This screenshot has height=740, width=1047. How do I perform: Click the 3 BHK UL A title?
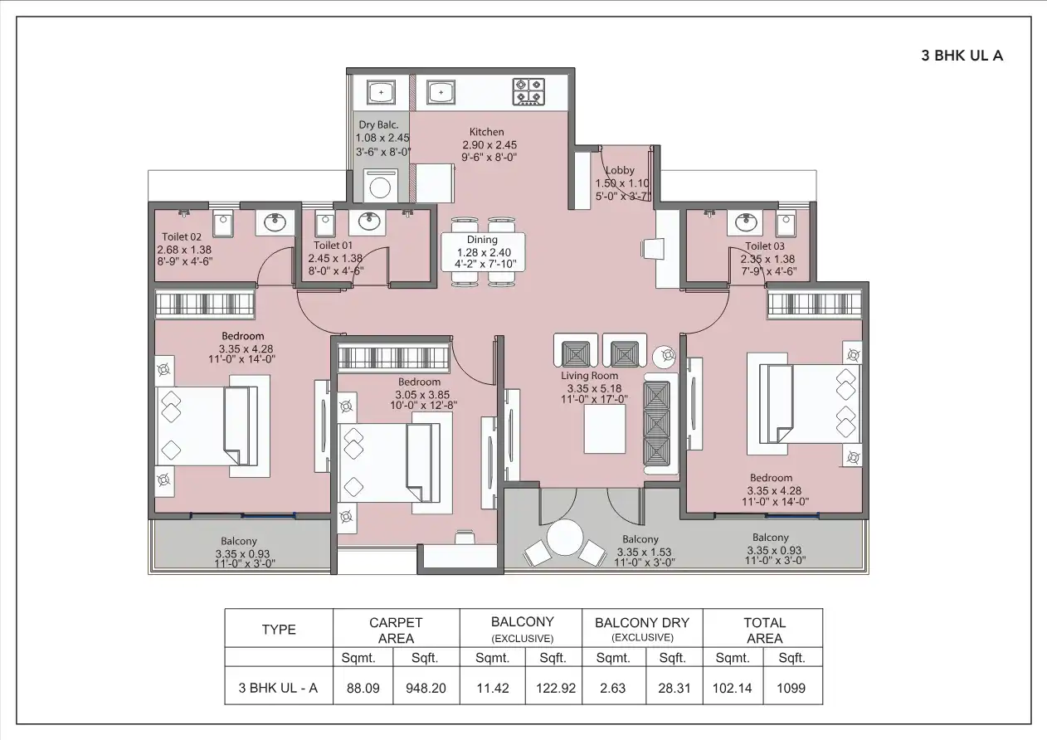pyautogui.click(x=962, y=56)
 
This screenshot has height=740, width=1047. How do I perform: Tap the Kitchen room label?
pyautogui.click(x=486, y=132)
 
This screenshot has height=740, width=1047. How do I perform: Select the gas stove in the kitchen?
pyautogui.click(x=528, y=91)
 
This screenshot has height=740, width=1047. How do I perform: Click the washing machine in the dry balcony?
pyautogui.click(x=380, y=186)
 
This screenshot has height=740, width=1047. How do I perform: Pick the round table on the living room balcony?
pyautogui.click(x=563, y=538)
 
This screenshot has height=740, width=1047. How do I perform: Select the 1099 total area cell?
pyautogui.click(x=792, y=688)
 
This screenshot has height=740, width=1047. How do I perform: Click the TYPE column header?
pyautogui.click(x=279, y=630)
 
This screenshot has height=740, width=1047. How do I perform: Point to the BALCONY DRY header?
pyautogui.click(x=642, y=622)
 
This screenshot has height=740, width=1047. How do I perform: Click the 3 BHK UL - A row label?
pyautogui.click(x=279, y=688)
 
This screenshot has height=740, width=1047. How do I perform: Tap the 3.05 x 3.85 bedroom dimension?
pyautogui.click(x=419, y=394)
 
